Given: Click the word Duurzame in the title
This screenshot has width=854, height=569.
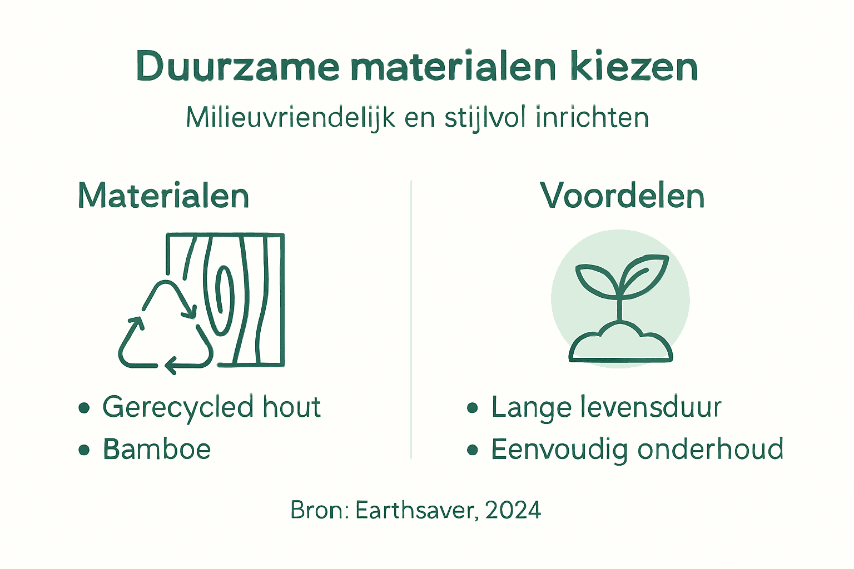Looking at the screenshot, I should tap(237, 67).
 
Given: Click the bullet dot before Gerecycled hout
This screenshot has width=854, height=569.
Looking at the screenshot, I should tap(84, 408).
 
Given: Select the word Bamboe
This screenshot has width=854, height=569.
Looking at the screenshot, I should tap(157, 449).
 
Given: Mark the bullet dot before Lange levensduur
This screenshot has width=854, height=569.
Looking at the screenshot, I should tap(473, 408).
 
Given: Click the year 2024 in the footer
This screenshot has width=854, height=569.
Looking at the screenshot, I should tap(513, 510).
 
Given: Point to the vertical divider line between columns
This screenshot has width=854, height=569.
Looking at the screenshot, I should tap(411, 320).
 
